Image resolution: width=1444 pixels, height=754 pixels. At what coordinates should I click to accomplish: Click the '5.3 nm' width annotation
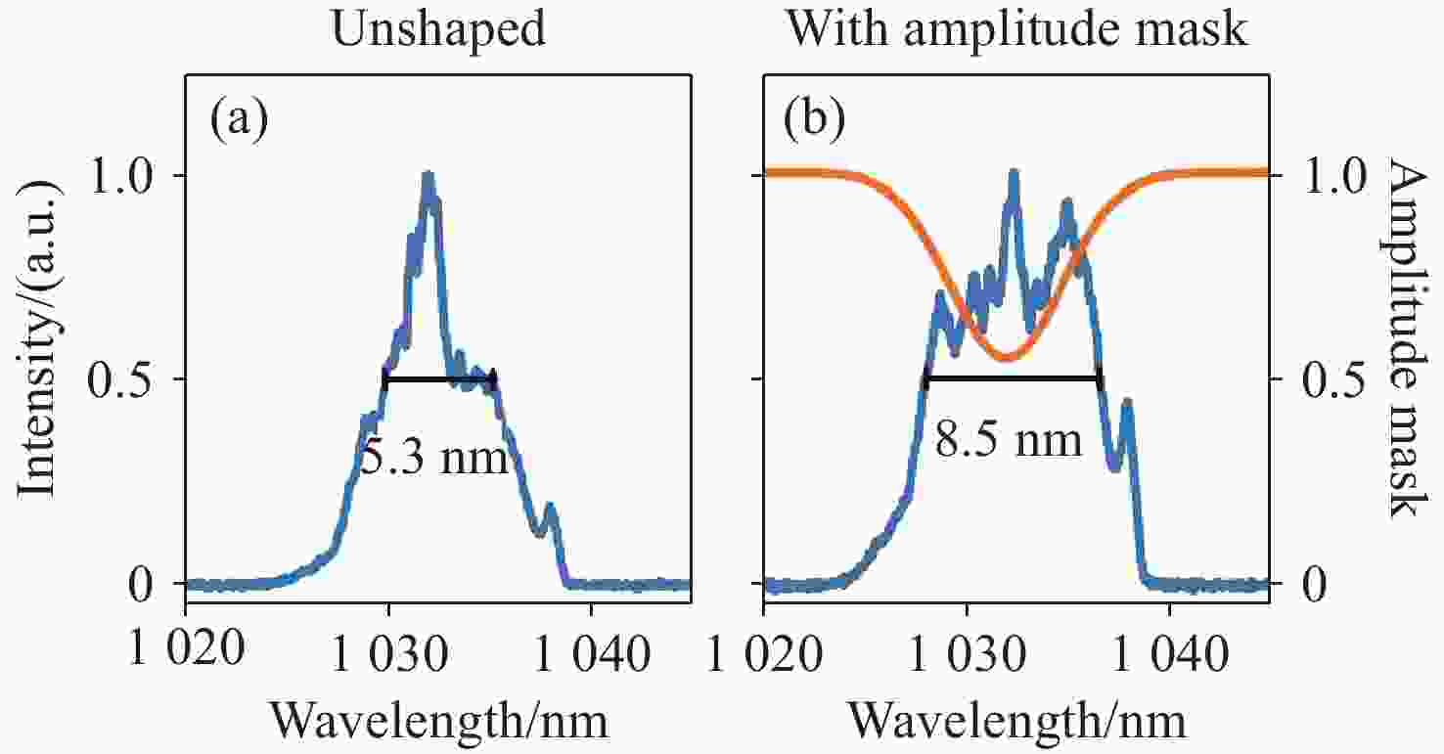pos(434,455)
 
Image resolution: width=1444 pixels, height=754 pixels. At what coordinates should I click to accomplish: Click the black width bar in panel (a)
pos(440,378)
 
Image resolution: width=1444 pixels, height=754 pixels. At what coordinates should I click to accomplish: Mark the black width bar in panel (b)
pos(1013,378)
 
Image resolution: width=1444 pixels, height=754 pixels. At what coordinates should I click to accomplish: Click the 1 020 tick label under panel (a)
pos(186,649)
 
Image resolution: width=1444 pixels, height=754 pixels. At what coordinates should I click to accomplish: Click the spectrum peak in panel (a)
pos(428,177)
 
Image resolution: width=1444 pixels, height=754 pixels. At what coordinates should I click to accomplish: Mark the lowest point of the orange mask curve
pos(1005,359)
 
